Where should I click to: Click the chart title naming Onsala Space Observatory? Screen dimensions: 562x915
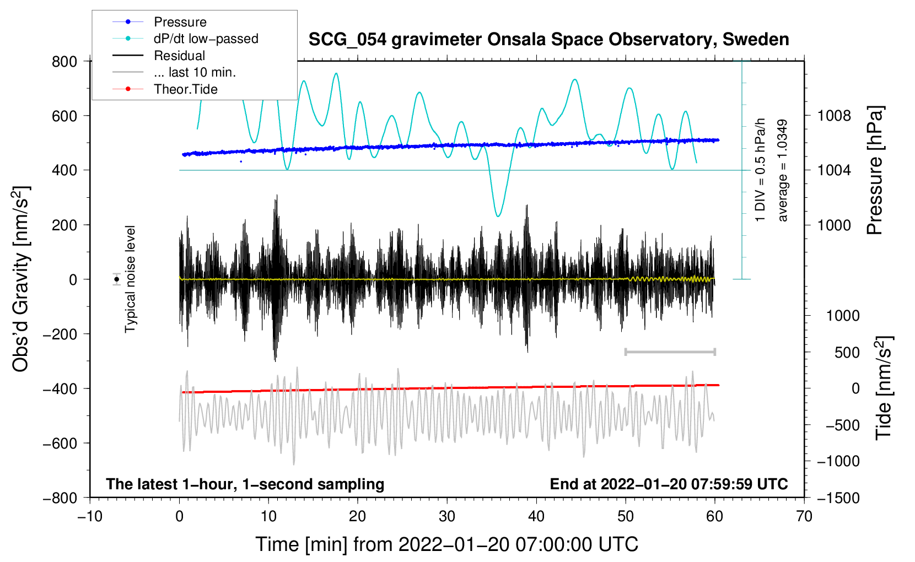548,40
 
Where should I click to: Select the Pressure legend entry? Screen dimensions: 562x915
180,22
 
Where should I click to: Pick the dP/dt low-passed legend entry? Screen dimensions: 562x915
206,39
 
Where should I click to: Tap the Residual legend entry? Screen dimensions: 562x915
179,56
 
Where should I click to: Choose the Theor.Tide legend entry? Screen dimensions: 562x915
185,89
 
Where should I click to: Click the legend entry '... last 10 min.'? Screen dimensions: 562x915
195,72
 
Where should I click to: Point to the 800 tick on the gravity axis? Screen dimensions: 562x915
64,61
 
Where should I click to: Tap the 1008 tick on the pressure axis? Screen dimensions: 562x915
834,116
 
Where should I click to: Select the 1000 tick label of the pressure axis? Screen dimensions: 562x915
834,225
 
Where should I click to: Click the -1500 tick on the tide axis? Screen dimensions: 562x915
838,498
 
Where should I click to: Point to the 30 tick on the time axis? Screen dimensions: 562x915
447,516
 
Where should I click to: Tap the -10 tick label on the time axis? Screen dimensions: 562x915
90,516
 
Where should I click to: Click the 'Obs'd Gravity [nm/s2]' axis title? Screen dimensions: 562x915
21,279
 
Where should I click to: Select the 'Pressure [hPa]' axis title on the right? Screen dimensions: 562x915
875,170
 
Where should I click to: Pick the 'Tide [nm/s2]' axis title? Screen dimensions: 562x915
884,387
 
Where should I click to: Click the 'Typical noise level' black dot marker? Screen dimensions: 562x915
117,279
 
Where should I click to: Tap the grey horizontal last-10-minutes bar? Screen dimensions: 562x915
670,352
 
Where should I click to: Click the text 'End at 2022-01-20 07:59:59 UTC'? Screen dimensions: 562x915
669,484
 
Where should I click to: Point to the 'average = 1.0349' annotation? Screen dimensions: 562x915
783,171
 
